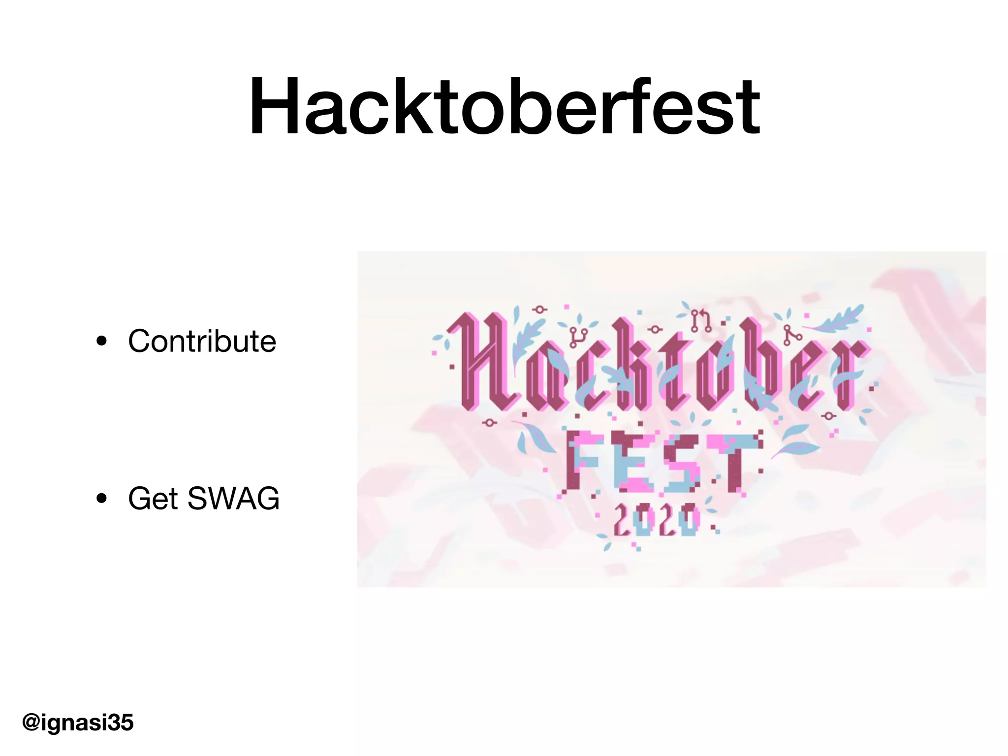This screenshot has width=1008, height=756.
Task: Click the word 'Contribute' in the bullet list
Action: pos(202,341)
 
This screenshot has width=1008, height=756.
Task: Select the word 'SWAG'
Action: pos(233,499)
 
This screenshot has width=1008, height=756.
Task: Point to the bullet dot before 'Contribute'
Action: pos(102,341)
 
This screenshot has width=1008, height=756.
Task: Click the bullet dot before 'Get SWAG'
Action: pos(102,499)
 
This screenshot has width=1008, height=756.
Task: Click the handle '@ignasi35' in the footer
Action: pos(78,723)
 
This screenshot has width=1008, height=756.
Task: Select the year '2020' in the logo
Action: pos(656,520)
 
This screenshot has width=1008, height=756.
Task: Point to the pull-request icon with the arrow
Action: pos(701,320)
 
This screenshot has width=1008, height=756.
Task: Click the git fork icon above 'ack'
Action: pos(578,337)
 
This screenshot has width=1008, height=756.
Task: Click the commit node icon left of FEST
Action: pos(489,423)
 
